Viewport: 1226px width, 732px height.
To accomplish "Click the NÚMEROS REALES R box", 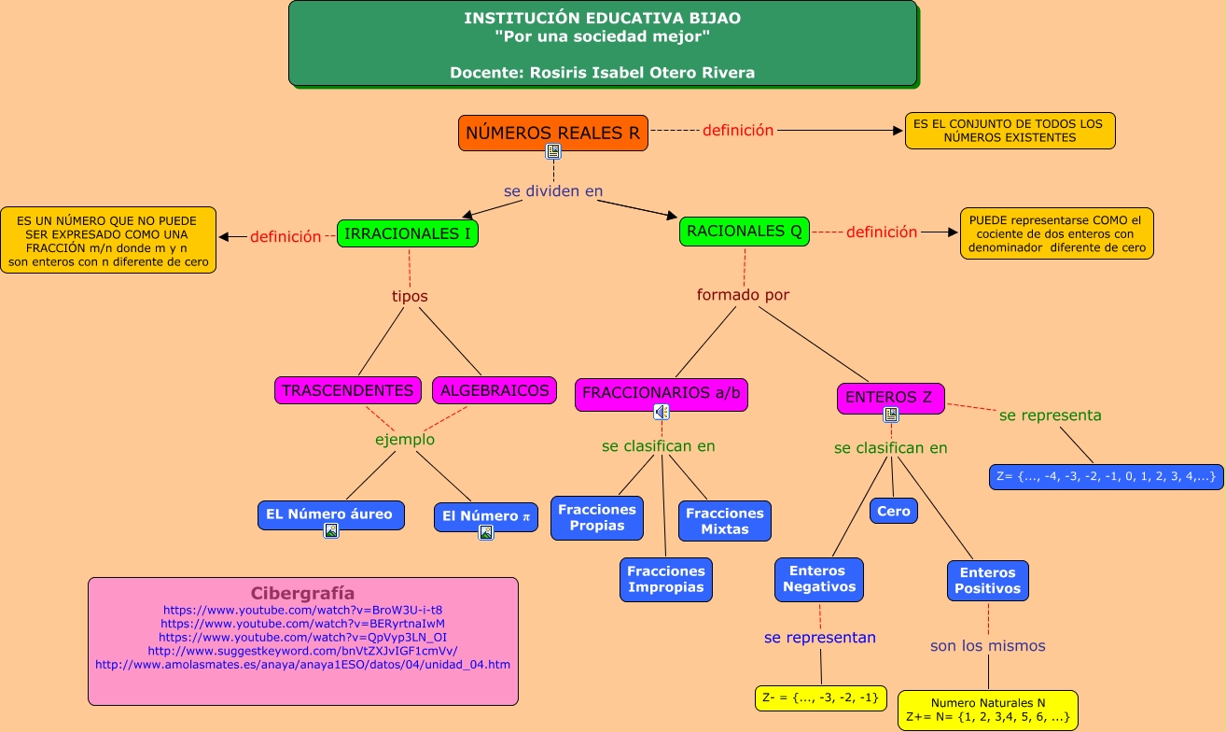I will click(553, 133).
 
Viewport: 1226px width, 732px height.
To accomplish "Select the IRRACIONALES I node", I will click(408, 233).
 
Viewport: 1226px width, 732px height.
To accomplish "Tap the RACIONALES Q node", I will click(744, 231).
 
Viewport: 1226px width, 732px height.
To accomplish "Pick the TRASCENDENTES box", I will click(348, 390).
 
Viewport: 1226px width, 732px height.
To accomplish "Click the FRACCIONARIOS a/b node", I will click(661, 393).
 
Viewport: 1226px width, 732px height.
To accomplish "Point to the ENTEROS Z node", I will click(889, 398).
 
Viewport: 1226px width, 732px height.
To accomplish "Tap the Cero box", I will click(893, 511).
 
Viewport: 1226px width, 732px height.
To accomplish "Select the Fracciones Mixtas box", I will click(724, 521).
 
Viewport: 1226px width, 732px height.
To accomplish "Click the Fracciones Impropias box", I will click(666, 579).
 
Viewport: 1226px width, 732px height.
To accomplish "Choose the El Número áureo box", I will click(329, 514).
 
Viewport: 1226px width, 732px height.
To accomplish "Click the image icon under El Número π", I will click(486, 533).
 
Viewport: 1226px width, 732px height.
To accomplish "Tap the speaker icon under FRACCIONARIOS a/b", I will click(661, 412).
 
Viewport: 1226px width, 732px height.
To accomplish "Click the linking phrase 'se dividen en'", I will click(553, 191).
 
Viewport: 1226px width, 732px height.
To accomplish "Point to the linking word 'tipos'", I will click(410, 296).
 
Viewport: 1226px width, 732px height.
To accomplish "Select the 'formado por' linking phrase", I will click(743, 295).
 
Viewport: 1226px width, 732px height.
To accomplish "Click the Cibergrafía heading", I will click(302, 593).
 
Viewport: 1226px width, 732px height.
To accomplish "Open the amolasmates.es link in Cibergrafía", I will click(302, 665).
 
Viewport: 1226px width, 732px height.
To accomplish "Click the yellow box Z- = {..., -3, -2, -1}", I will click(820, 697).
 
